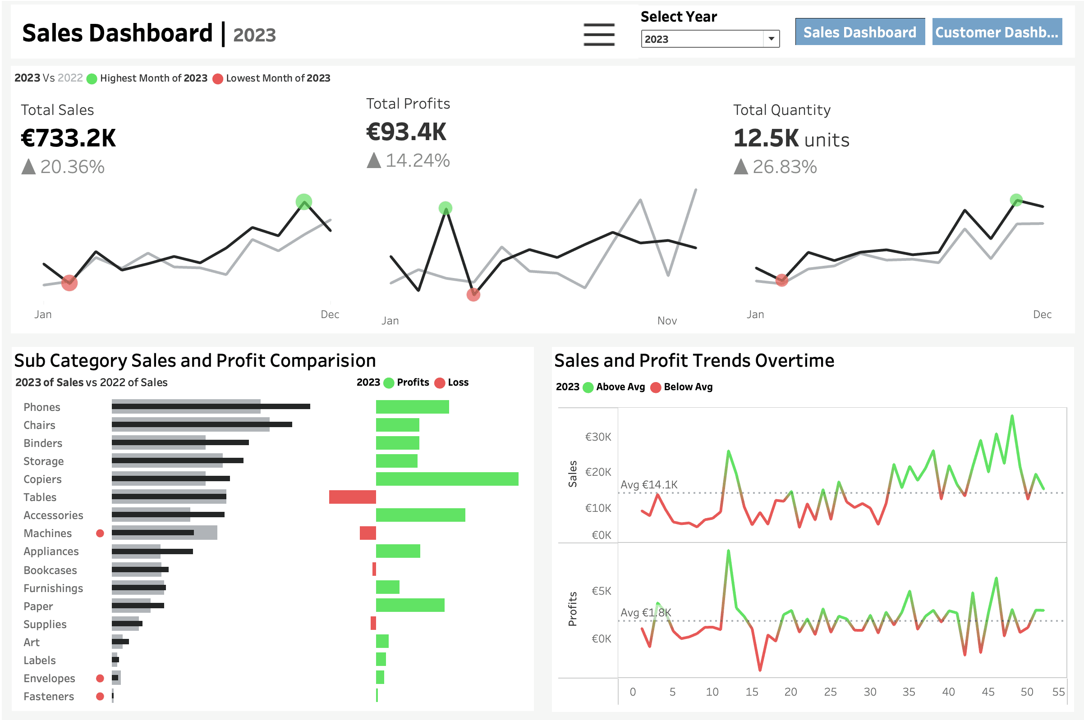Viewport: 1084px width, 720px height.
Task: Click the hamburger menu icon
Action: tap(599, 34)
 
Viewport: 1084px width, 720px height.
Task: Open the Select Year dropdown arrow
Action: tap(771, 39)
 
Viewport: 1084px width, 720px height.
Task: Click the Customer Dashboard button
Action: tap(997, 32)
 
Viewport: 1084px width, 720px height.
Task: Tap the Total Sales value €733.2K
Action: tap(69, 138)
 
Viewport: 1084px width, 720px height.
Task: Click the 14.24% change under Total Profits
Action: tap(417, 160)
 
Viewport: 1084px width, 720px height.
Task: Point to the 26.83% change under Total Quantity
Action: tap(785, 167)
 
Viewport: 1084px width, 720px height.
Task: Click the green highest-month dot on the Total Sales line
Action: tap(304, 201)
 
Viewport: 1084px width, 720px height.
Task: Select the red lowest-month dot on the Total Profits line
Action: tap(473, 294)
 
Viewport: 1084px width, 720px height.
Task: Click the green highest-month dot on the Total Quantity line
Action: tap(1016, 200)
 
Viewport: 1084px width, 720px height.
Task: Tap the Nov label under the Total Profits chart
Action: tap(667, 320)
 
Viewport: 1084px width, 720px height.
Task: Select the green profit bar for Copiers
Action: tap(447, 479)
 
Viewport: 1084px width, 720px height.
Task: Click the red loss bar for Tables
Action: tap(353, 497)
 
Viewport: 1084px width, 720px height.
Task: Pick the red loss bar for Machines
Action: tap(367, 533)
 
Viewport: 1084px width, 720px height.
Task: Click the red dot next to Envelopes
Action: tap(100, 678)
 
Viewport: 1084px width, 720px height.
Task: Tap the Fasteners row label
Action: tap(49, 696)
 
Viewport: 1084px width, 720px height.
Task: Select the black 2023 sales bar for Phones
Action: tap(211, 406)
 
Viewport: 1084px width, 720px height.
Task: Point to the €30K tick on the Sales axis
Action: tap(598, 437)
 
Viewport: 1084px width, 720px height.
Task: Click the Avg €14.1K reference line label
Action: tap(649, 484)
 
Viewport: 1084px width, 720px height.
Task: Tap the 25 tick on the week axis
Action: tap(830, 692)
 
